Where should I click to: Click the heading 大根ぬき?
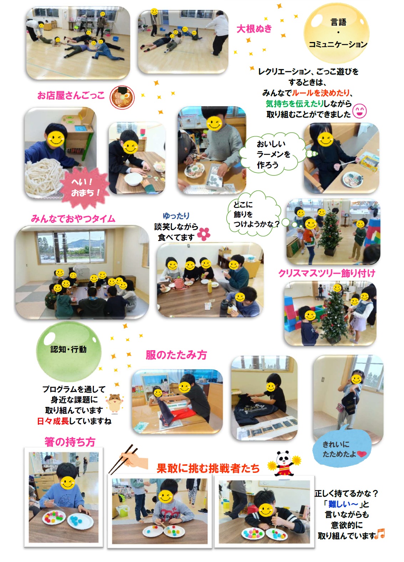tap(254, 29)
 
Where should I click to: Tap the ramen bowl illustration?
tap(122, 97)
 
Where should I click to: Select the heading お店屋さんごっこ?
tap(71, 95)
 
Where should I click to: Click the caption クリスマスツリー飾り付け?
tap(327, 273)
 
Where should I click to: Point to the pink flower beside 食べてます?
tap(203, 234)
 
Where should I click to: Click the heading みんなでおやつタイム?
tap(73, 219)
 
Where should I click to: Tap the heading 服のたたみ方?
tap(176, 355)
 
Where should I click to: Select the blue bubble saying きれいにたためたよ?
tap(342, 449)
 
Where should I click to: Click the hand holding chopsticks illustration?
tap(128, 460)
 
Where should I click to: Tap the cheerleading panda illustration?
tap(284, 463)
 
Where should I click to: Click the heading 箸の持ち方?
tap(70, 442)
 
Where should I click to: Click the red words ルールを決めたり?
tap(320, 93)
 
